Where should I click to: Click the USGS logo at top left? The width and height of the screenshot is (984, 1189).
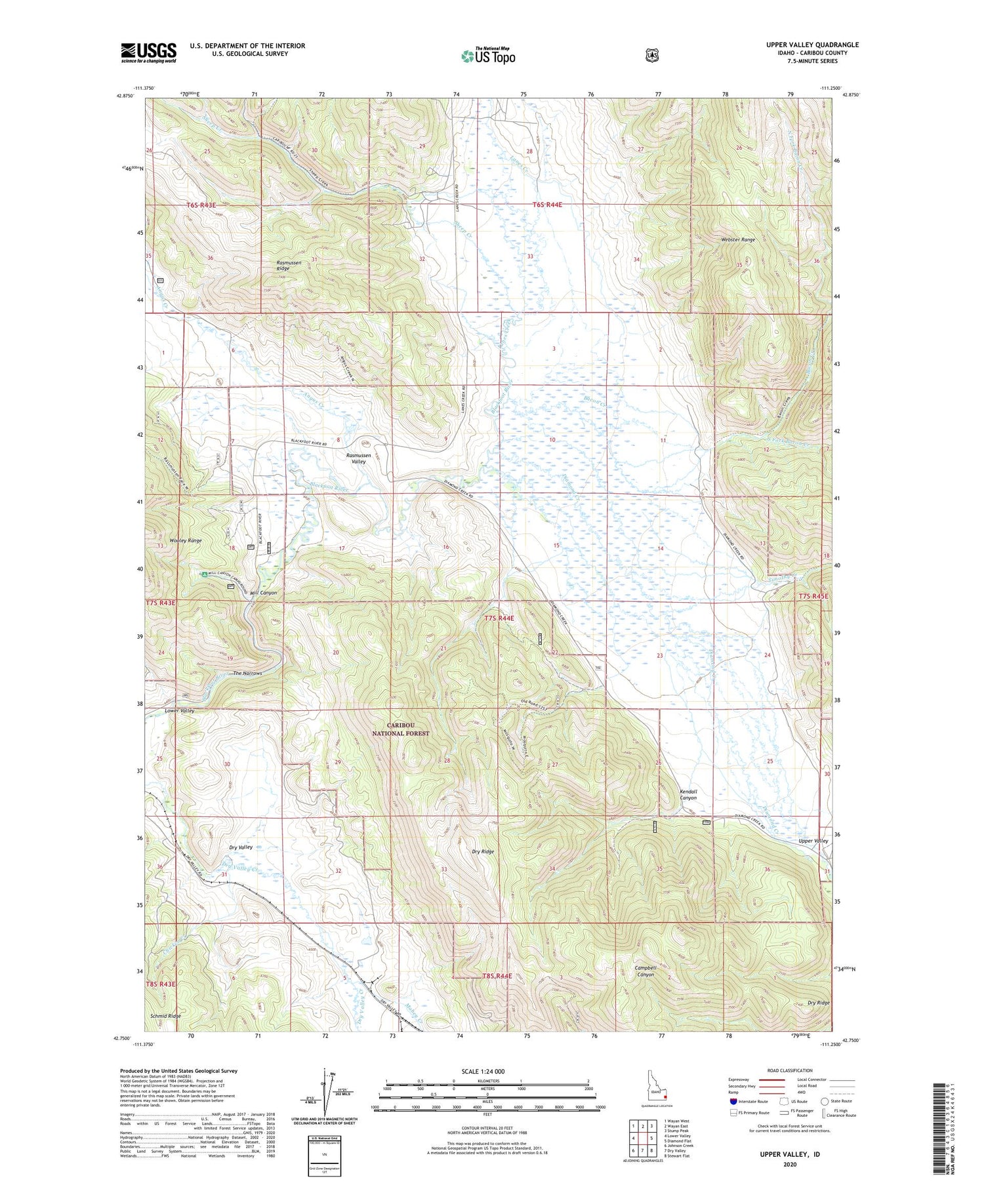(149, 52)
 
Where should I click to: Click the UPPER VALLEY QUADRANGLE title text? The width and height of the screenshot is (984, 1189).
(812, 45)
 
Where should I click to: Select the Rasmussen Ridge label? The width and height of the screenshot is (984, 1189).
(289, 266)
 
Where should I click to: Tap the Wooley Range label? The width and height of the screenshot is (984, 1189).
(186, 540)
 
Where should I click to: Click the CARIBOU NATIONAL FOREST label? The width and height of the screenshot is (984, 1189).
(401, 729)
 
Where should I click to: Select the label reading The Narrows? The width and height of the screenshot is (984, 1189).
(247, 674)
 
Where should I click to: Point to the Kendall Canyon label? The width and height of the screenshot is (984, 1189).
(688, 795)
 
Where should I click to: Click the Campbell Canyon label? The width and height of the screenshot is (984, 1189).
(646, 971)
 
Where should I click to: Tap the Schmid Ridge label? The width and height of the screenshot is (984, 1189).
(165, 1016)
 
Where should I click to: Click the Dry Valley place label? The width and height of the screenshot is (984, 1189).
(241, 847)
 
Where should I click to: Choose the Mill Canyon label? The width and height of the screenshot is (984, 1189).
(263, 593)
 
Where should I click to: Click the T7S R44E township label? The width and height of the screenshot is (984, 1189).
(499, 618)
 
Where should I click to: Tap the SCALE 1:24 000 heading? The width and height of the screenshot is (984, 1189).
(483, 1071)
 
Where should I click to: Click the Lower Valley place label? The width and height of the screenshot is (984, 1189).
(179, 711)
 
